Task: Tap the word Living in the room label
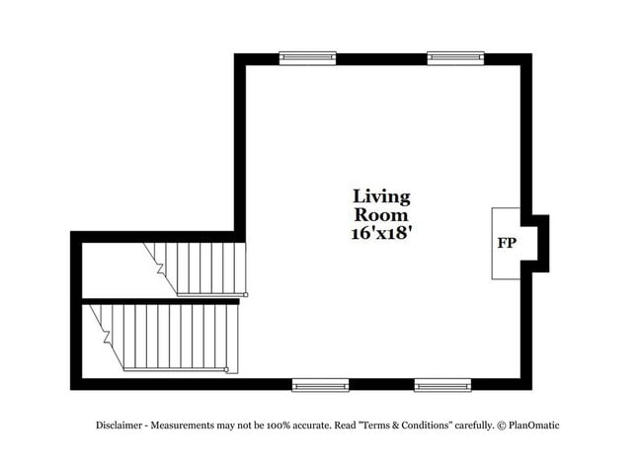pos(381,197)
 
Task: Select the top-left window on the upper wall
pos(307,58)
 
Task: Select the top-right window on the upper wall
pos(455,58)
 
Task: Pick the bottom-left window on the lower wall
pos(320,385)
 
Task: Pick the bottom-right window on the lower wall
pos(442,385)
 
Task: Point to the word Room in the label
pos(381,215)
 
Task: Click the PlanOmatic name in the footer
pos(534,426)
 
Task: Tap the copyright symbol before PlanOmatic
pos(502,426)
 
